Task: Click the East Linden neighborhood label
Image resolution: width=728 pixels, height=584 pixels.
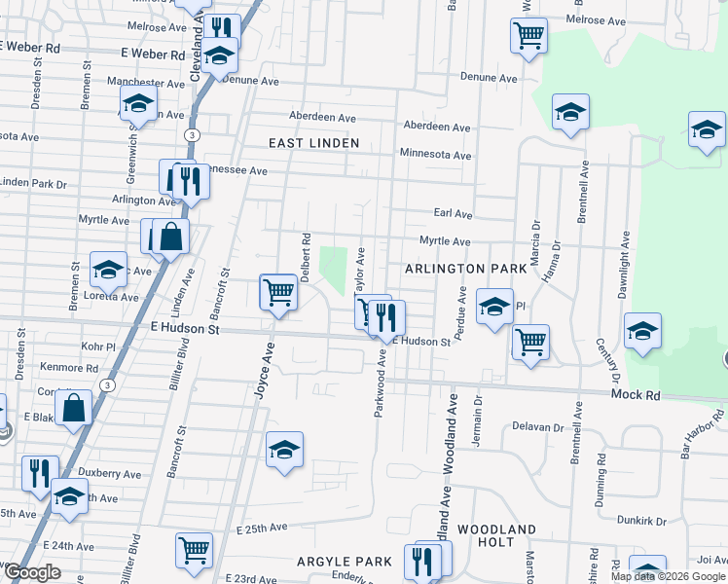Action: pyautogui.click(x=314, y=143)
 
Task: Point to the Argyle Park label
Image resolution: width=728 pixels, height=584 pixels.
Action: pyautogui.click(x=346, y=562)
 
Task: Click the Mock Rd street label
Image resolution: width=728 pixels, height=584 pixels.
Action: pyautogui.click(x=636, y=394)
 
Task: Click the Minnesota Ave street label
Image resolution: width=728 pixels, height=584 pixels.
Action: pyautogui.click(x=435, y=155)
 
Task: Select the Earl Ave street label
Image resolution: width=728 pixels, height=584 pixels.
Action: pyautogui.click(x=452, y=214)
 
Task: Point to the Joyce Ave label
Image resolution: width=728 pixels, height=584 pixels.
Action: pyautogui.click(x=261, y=370)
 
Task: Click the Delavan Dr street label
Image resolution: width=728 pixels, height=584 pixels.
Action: pyautogui.click(x=538, y=427)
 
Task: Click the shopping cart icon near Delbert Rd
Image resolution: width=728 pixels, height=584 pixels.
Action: pyautogui.click(x=278, y=291)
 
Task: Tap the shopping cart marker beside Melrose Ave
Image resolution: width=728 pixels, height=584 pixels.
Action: pyautogui.click(x=528, y=36)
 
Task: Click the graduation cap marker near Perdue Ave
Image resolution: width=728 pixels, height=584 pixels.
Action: pyautogui.click(x=494, y=307)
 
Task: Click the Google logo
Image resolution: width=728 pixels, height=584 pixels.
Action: pyautogui.click(x=31, y=572)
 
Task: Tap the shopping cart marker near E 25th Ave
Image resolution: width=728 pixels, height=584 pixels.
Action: pyautogui.click(x=195, y=550)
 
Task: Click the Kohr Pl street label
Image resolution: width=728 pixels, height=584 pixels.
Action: pyautogui.click(x=98, y=347)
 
